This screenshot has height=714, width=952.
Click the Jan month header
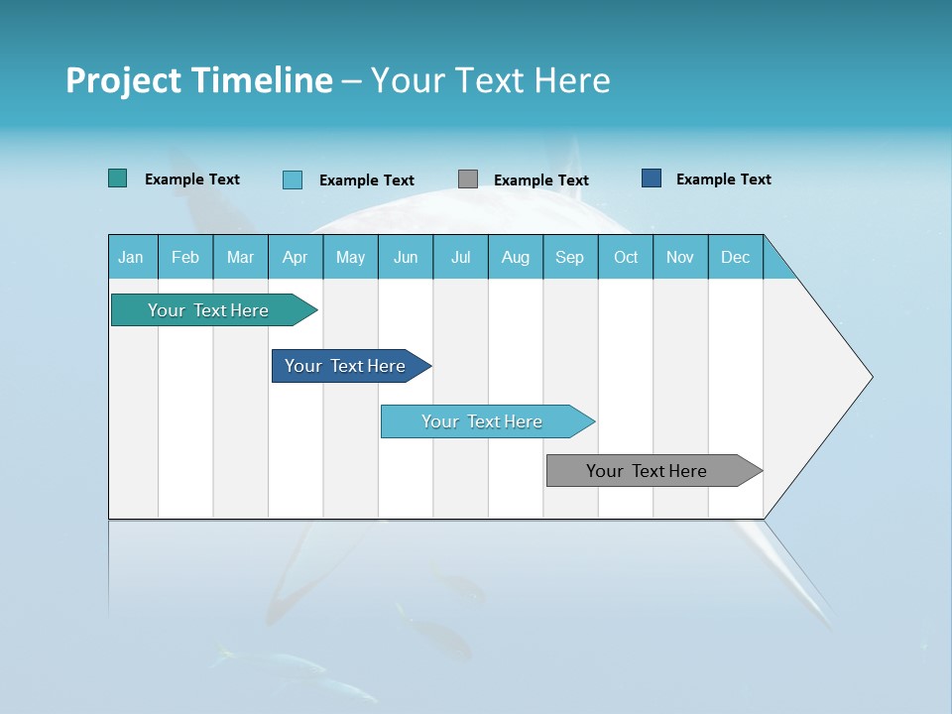tap(132, 257)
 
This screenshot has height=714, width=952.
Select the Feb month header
tap(185, 257)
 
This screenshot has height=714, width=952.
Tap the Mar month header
tap(240, 257)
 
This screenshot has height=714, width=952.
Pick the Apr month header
tap(296, 257)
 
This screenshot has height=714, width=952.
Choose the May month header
tap(350, 257)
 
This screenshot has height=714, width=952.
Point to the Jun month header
tap(406, 257)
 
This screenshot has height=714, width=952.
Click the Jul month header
tap(460, 257)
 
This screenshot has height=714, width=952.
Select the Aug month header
tap(516, 257)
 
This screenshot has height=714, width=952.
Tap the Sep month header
tap(570, 257)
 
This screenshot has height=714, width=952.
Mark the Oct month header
tap(626, 257)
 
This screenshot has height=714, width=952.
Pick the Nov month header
tap(680, 257)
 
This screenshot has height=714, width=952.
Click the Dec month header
tap(736, 257)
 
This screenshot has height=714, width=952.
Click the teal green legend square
tap(118, 178)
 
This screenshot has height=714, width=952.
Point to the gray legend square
tap(468, 179)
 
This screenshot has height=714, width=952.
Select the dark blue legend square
tap(652, 178)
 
